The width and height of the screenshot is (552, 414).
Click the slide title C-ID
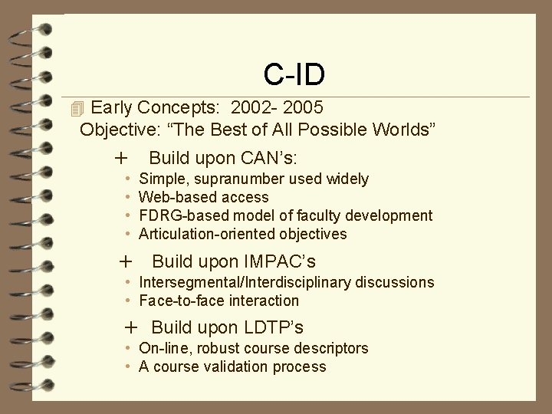[294, 74]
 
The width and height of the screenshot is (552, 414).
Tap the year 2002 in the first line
[252, 107]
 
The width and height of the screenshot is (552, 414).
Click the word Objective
[117, 129]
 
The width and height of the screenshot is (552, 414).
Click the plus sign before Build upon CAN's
[120, 159]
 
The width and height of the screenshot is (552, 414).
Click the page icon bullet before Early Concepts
[74, 107]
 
